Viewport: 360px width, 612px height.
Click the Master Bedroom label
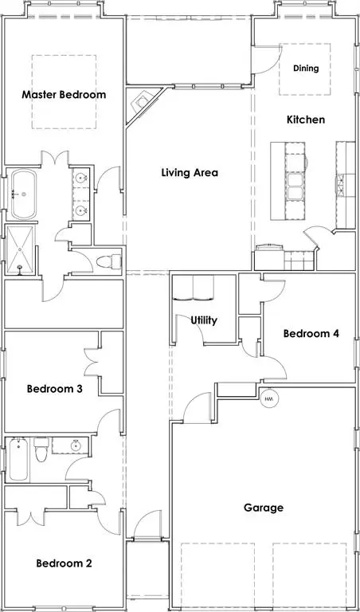pyautogui.click(x=64, y=95)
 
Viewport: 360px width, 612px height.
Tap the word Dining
pyautogui.click(x=306, y=69)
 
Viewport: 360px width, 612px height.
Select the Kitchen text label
pyautogui.click(x=306, y=120)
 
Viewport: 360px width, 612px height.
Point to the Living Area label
pyautogui.click(x=190, y=172)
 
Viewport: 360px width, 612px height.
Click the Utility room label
pyautogui.click(x=204, y=320)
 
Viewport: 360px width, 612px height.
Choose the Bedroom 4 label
pyautogui.click(x=313, y=333)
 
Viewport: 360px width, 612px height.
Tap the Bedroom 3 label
pyautogui.click(x=55, y=389)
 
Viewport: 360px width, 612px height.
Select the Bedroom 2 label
pyautogui.click(x=64, y=563)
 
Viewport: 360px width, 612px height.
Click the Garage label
pyautogui.click(x=264, y=508)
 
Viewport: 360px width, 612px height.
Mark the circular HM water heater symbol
pyautogui.click(x=269, y=398)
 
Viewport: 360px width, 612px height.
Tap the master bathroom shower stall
pyautogui.click(x=18, y=249)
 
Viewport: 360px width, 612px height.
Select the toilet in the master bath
pyautogui.click(x=108, y=261)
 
